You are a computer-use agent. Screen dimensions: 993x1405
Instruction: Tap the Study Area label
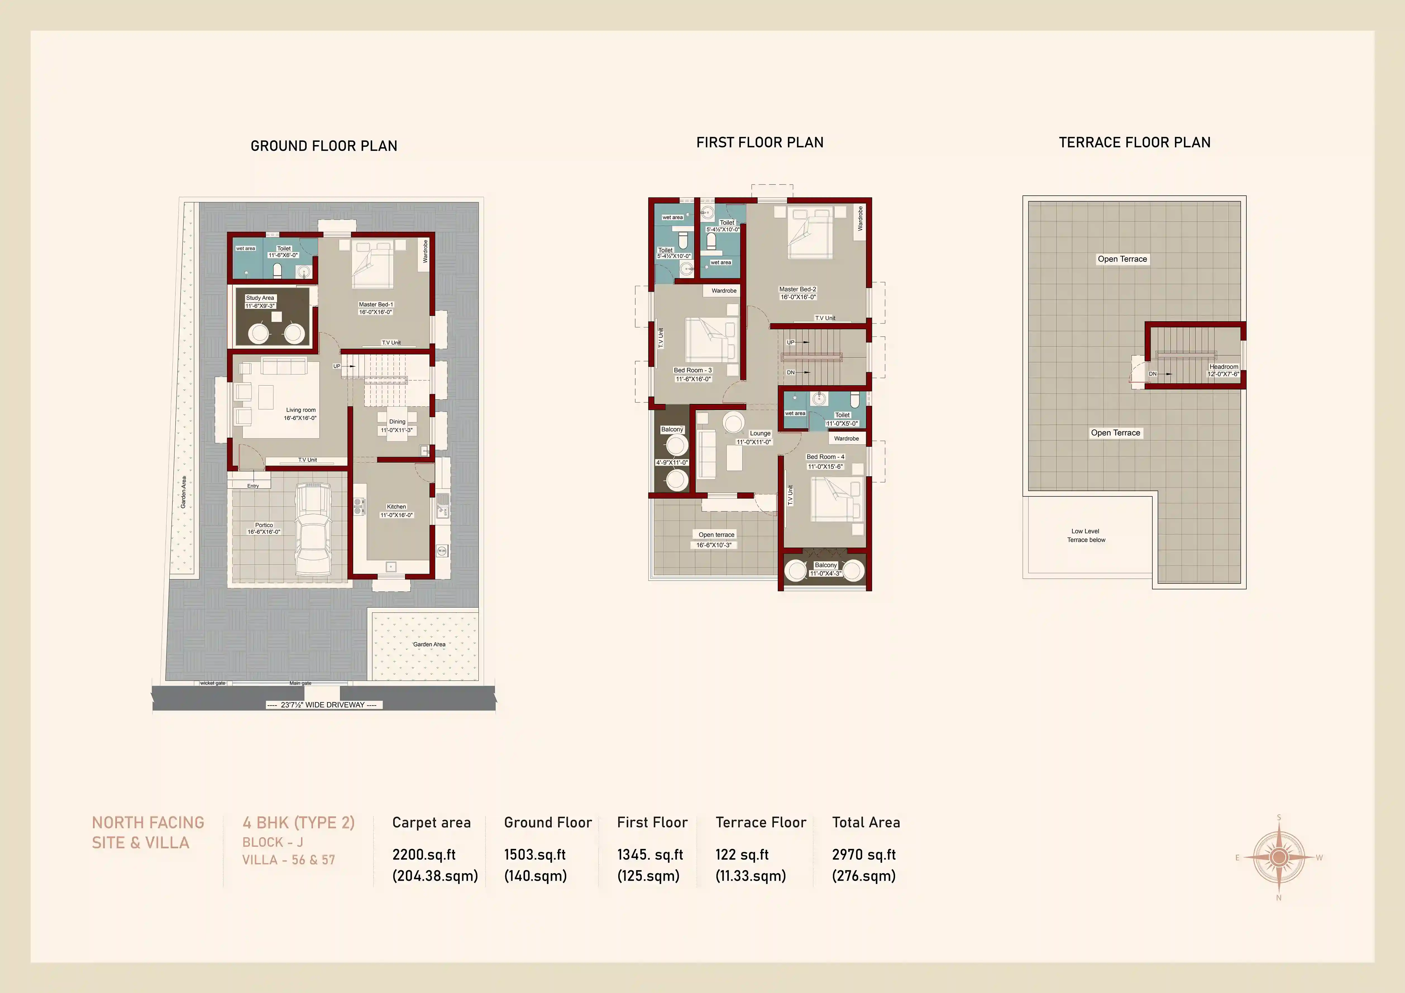pos(260,298)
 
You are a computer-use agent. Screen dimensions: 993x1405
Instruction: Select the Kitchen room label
pos(396,507)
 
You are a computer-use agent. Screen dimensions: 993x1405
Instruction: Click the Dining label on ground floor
pos(397,422)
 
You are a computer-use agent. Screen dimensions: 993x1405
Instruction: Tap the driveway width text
pos(323,705)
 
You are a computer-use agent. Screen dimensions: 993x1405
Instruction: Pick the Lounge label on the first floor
pos(760,433)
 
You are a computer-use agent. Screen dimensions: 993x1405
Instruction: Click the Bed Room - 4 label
pos(825,457)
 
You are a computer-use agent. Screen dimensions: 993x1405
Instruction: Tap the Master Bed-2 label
pos(797,289)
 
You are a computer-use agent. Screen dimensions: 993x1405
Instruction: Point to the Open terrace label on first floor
pos(716,535)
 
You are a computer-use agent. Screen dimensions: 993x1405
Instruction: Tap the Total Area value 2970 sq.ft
pos(863,855)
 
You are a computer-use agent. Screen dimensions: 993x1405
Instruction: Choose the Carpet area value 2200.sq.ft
pos(424,855)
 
